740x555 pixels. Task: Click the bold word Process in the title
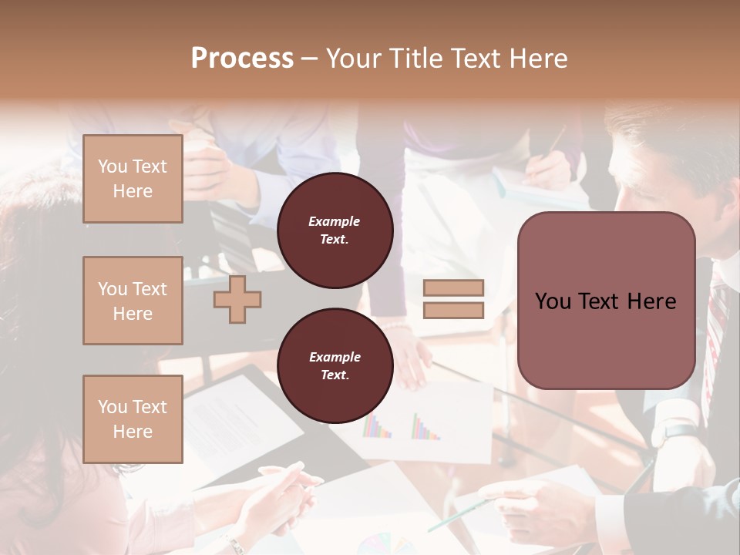pos(242,59)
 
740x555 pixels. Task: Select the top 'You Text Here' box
pos(133,179)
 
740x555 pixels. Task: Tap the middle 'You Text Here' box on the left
pos(133,301)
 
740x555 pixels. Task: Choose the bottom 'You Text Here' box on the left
pos(133,419)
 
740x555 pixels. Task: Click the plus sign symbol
pos(237,300)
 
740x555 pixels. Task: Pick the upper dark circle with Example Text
pos(335,230)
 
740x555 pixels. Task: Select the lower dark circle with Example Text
pos(335,366)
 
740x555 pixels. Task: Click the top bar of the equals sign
pos(453,288)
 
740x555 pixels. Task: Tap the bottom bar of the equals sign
pos(453,310)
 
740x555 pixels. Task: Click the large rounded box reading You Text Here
pos(606,300)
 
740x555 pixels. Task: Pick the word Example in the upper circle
pos(335,221)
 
